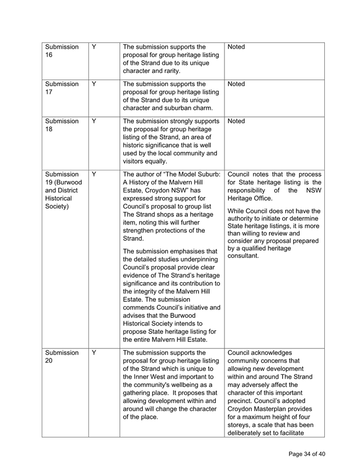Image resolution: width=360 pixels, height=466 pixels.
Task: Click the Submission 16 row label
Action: (x=61, y=53)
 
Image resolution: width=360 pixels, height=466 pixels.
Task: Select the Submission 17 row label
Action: (x=61, y=89)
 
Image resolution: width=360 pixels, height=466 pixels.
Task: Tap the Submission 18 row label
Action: (x=61, y=126)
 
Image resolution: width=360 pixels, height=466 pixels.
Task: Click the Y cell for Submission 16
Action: (x=94, y=48)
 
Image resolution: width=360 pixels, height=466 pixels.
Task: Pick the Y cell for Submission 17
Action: (x=94, y=85)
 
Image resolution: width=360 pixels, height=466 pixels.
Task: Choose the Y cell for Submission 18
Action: (x=94, y=121)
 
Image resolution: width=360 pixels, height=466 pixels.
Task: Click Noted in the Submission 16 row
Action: (x=237, y=48)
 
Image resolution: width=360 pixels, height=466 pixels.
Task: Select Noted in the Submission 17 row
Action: (x=237, y=85)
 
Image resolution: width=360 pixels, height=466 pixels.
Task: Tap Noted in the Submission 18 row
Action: (x=237, y=121)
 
